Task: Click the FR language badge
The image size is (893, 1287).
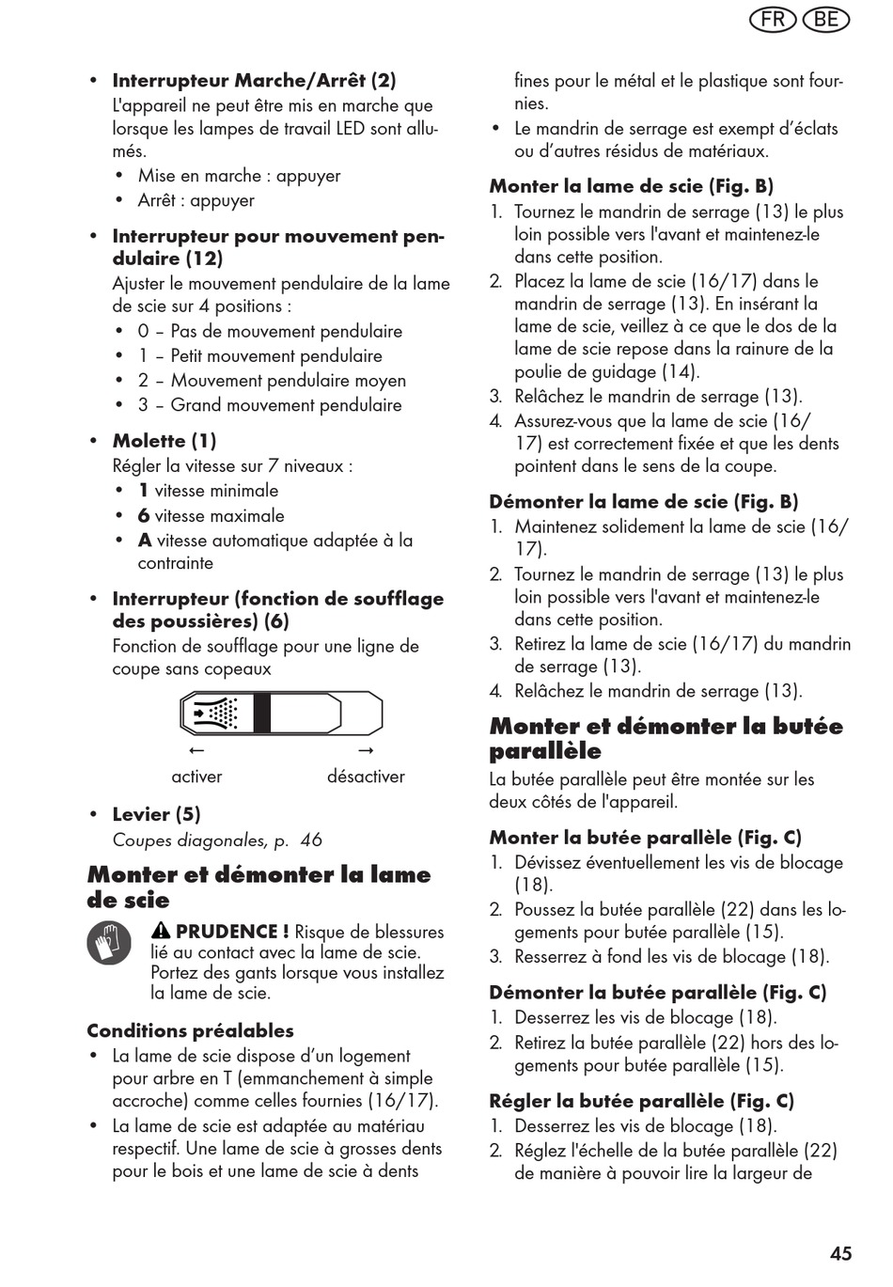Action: click(774, 20)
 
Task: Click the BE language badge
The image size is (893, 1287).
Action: click(826, 20)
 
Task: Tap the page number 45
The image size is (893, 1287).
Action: click(841, 1253)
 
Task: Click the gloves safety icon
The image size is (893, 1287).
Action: click(110, 943)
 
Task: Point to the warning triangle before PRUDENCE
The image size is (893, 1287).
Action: click(161, 932)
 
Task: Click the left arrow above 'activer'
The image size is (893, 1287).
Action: click(196, 750)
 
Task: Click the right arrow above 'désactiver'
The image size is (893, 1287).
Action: click(367, 750)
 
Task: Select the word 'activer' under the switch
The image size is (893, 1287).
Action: click(196, 777)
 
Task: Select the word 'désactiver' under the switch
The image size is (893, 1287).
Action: click(366, 777)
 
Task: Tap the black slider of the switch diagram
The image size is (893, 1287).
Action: click(261, 714)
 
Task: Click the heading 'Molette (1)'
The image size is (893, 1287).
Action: click(164, 441)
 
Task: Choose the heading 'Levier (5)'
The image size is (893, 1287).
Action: click(156, 814)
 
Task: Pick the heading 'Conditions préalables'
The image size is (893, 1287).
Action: click(190, 1030)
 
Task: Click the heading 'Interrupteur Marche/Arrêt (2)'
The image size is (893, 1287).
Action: click(254, 81)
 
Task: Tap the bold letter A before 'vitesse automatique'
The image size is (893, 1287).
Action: click(145, 541)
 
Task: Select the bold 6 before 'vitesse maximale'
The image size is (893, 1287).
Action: click(144, 516)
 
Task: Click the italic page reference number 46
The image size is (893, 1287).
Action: click(311, 840)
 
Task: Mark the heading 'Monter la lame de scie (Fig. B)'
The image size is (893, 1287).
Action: click(631, 186)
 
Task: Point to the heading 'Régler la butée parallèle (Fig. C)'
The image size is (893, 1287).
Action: click(641, 1101)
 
